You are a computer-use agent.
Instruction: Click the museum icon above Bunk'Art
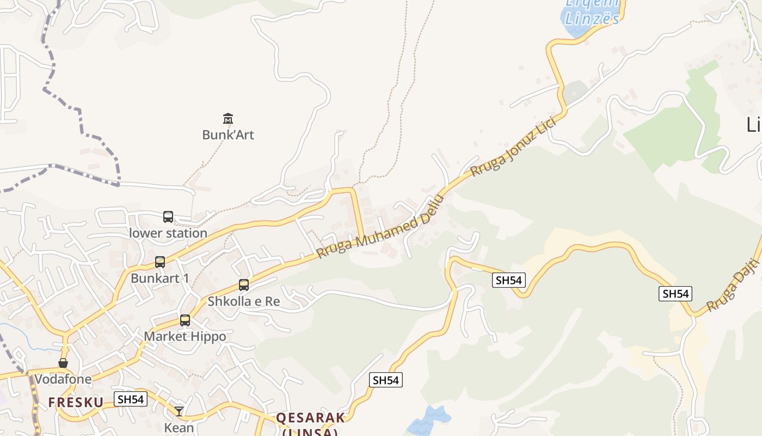[x=228, y=118]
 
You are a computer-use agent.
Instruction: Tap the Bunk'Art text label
[x=228, y=135]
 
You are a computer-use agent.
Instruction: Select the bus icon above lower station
[x=168, y=217]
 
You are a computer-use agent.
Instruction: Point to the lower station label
[x=168, y=233]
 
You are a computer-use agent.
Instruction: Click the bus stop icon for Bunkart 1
[x=160, y=262]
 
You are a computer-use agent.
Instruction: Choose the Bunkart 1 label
[x=160, y=278]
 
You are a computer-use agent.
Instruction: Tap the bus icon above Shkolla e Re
[x=244, y=285]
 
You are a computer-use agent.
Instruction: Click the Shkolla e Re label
[x=244, y=301]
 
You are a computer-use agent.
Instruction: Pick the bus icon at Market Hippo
[x=185, y=320]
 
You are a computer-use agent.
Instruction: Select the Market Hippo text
[x=185, y=337]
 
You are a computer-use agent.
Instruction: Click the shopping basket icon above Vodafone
[x=63, y=363]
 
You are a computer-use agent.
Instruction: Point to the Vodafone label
[x=63, y=379]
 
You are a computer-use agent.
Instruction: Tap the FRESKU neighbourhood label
[x=76, y=403]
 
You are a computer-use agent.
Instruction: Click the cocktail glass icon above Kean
[x=179, y=411]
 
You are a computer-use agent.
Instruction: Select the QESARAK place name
[x=310, y=418]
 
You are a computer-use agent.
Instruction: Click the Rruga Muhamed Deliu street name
[x=380, y=227]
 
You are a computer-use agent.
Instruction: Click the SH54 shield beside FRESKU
[x=131, y=399]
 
